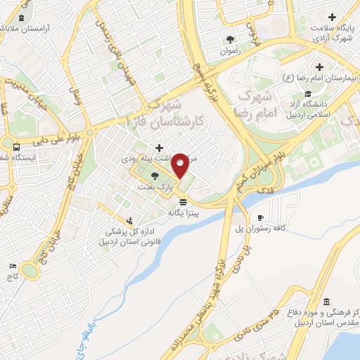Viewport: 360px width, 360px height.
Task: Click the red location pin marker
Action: (180, 166)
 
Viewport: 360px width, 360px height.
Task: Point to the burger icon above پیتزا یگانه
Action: (184, 201)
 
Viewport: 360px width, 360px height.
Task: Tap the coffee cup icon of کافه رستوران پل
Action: (260, 217)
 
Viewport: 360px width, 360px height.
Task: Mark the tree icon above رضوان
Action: (230, 39)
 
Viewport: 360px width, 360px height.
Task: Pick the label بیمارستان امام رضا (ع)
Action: (320, 78)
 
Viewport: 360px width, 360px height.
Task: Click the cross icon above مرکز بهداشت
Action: (160, 148)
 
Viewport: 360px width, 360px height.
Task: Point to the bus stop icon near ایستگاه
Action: (15, 146)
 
